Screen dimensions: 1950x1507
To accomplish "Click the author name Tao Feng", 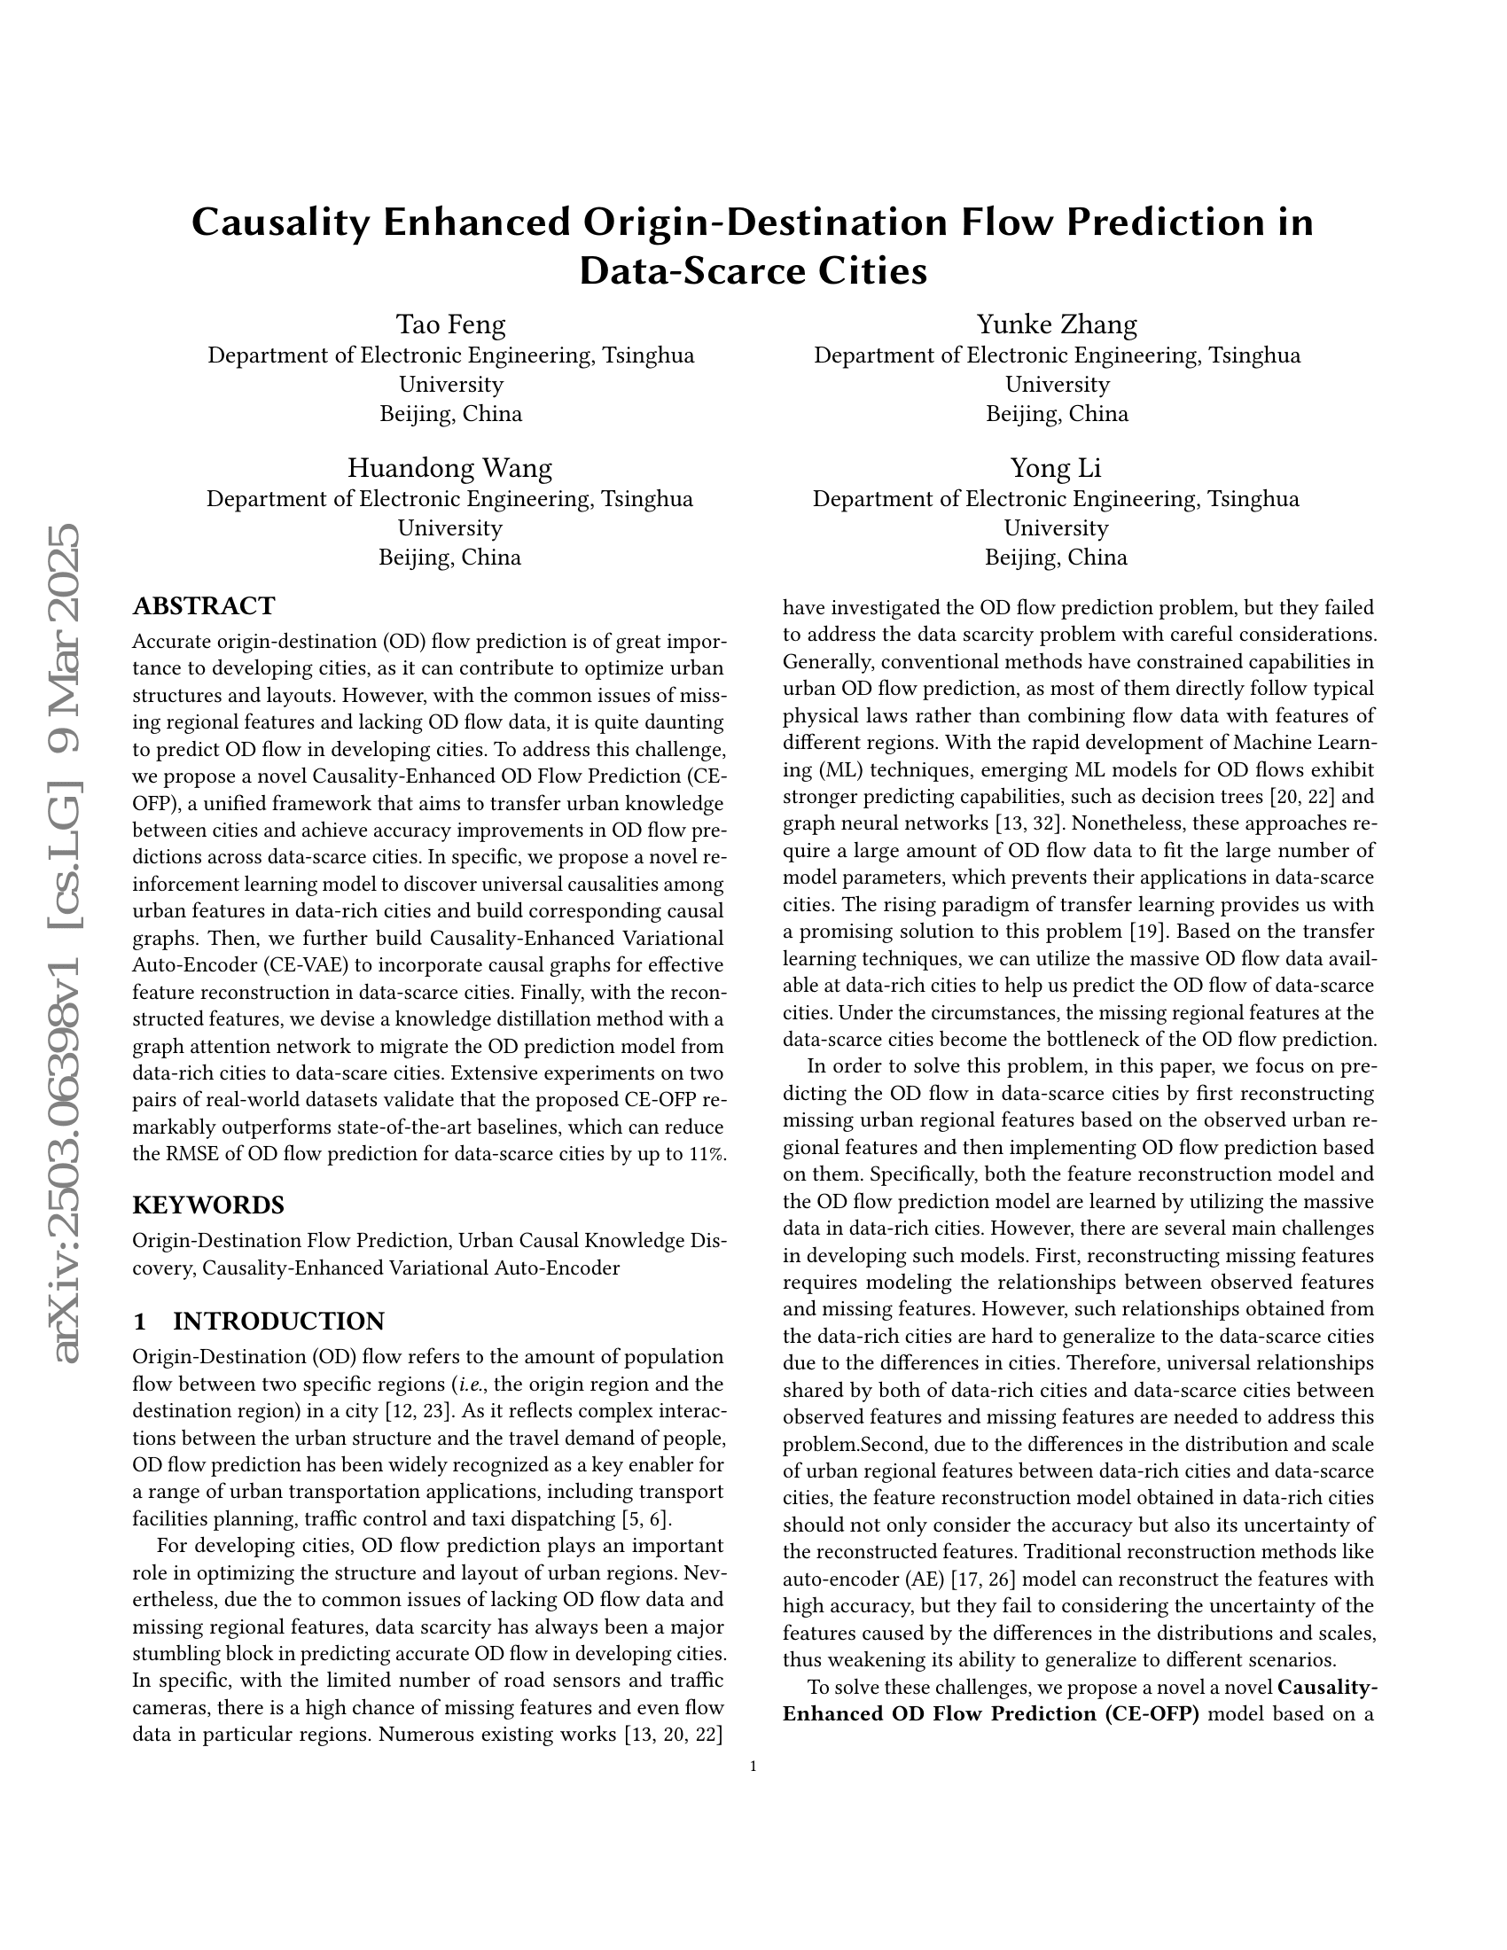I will click(x=451, y=324).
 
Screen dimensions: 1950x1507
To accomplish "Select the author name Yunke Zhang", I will click(x=1057, y=324).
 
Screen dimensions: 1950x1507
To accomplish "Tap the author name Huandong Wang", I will click(x=450, y=468).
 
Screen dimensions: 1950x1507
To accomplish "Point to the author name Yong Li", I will click(x=1056, y=468).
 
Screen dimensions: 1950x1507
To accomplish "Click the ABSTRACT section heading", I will click(x=204, y=606).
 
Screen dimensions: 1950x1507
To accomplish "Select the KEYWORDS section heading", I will click(x=208, y=1205).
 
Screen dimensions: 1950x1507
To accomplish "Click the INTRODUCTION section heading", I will click(x=277, y=1321).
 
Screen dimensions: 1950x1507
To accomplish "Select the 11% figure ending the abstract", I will click(x=708, y=1153).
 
